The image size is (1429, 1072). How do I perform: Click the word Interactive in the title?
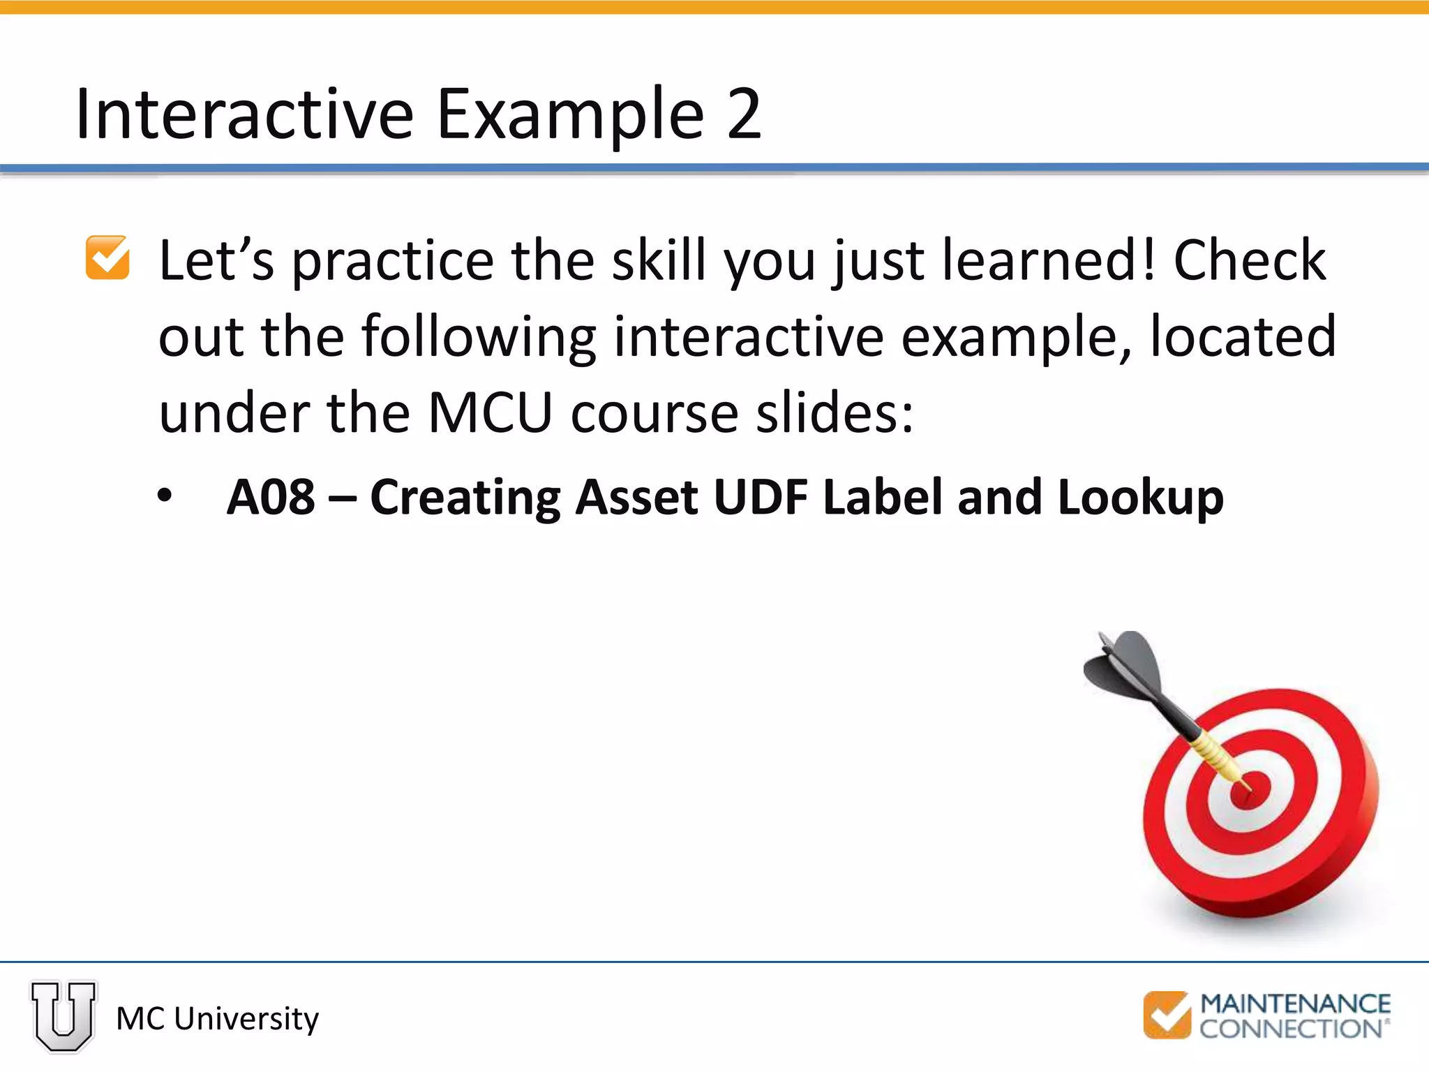pos(244,114)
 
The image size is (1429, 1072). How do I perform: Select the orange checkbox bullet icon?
pos(107,258)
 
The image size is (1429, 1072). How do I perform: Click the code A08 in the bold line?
pos(271,497)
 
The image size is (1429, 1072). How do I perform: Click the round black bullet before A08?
pos(165,496)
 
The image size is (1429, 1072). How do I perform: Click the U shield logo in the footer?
pos(63,1015)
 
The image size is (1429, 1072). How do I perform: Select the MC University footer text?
pos(217,1018)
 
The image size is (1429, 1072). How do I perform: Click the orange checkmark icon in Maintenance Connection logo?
pos(1167,1015)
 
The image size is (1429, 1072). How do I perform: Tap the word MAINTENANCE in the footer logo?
pos(1295,1004)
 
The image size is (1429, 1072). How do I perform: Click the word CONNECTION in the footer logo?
pos(1291,1029)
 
